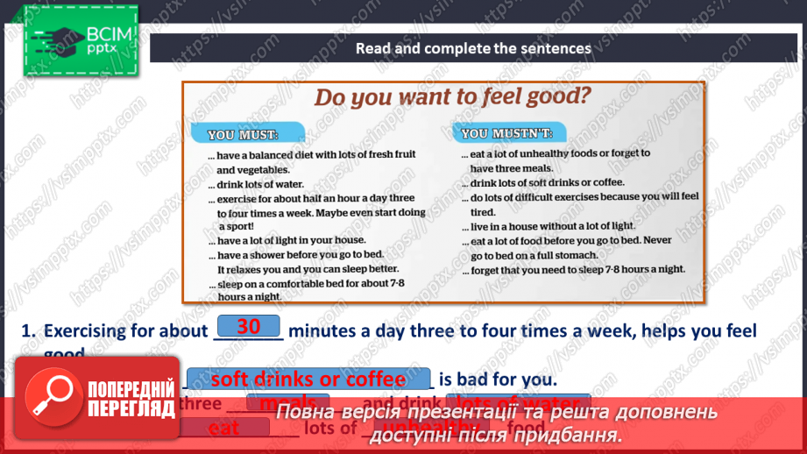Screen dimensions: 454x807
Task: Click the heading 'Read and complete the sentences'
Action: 473,49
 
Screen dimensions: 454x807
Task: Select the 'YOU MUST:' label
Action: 243,135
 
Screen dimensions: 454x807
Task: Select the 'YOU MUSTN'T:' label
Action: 506,134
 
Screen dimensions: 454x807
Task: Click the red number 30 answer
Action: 249,327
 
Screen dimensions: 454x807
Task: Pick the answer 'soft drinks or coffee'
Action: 308,380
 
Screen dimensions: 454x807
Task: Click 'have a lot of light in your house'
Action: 291,240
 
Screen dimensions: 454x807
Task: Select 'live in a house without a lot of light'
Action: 552,227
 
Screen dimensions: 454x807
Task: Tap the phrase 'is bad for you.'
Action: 498,380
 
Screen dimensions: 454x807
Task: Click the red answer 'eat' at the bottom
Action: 224,428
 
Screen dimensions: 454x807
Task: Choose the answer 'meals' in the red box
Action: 282,403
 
